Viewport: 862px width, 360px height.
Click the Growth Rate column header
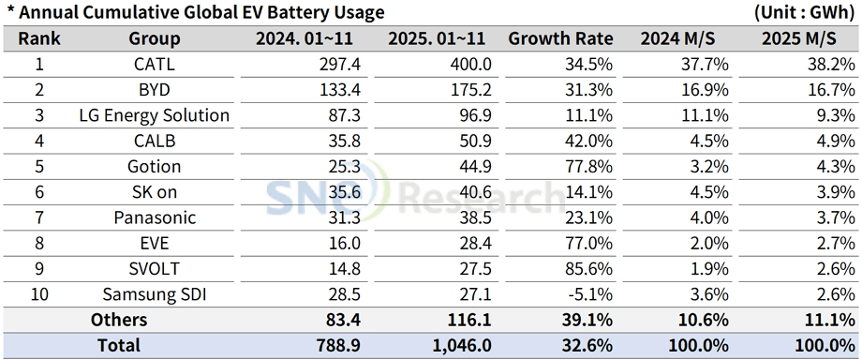click(560, 39)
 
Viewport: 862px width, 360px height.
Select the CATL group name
click(155, 65)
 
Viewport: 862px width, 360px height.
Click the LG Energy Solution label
click(155, 115)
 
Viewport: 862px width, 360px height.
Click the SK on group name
click(155, 192)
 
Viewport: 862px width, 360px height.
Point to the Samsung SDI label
click(155, 294)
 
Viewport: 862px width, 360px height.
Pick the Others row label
click(119, 320)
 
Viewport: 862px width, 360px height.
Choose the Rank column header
click(39, 39)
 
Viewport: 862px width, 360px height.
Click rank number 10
click(39, 294)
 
